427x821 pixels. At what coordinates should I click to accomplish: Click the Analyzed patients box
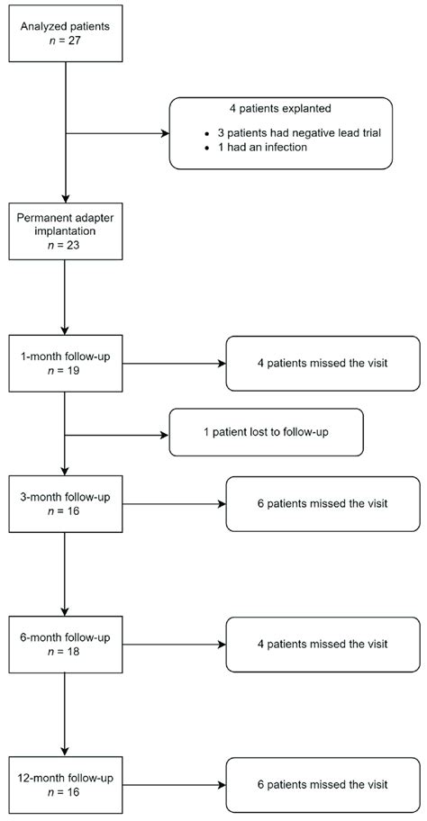pos(65,33)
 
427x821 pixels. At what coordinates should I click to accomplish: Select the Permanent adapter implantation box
pos(65,230)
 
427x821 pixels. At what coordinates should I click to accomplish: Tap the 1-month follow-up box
pos(65,364)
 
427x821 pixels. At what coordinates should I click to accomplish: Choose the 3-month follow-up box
pos(65,504)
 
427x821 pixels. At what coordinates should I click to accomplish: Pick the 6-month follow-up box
pos(65,644)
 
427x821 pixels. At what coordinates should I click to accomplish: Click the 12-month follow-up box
pos(65,784)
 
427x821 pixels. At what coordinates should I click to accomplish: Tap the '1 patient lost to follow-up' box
pos(266,433)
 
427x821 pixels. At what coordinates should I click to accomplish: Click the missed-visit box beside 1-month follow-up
pos(323,364)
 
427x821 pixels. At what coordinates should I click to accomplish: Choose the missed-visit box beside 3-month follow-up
pos(323,504)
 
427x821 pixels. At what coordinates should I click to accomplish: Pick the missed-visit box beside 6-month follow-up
pos(323,644)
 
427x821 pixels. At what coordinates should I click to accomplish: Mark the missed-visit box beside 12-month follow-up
pos(323,784)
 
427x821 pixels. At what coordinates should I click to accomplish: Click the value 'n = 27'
pos(65,38)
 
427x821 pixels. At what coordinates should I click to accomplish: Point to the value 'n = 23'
pos(65,244)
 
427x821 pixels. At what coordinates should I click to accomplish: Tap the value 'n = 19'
pos(65,370)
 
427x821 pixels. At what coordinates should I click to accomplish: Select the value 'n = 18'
pos(65,650)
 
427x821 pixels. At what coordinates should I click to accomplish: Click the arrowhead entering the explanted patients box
pos(166,133)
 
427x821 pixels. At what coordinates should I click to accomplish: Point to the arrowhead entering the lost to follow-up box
pos(166,434)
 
